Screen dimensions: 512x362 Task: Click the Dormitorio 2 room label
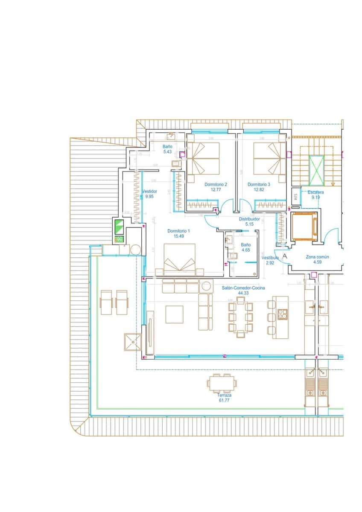point(216,184)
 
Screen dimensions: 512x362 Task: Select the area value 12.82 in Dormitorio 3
point(259,190)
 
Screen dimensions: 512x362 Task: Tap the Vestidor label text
point(150,192)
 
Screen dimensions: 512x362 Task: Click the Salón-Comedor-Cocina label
point(243,288)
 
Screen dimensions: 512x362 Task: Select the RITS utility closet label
point(295,197)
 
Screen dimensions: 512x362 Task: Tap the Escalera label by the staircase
point(315,192)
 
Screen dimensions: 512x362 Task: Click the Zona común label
point(317,257)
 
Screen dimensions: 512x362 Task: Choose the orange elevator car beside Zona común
point(304,226)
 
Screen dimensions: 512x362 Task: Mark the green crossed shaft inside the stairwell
point(316,171)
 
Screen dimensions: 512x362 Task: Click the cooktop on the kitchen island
point(282,314)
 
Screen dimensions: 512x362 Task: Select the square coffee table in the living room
point(174,314)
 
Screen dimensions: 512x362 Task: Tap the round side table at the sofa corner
point(207,285)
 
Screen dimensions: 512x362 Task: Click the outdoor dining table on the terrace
point(222,383)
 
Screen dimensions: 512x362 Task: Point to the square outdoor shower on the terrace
point(133,341)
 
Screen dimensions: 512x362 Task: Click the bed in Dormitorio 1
point(180,260)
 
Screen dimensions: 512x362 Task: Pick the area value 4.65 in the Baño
point(245,250)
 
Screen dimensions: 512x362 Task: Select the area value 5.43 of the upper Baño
point(167,152)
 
